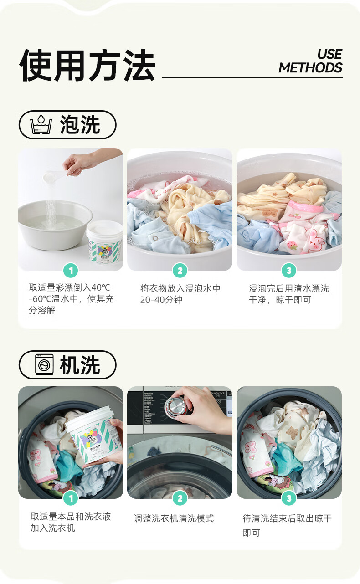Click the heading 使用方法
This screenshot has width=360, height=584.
tap(87, 66)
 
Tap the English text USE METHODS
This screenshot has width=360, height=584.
tap(310, 61)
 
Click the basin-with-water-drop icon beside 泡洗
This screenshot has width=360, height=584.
tap(41, 125)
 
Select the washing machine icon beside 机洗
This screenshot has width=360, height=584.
tap(44, 365)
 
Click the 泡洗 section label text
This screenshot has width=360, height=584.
tap(80, 125)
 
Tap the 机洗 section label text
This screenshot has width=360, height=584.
tap(80, 365)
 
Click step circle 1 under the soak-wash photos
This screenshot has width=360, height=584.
tap(71, 271)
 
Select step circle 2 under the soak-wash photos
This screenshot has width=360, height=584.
tap(180, 271)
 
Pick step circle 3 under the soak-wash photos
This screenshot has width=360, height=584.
tap(288, 271)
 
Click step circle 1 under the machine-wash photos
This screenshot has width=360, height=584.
tap(71, 498)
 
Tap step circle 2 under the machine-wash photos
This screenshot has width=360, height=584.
tap(180, 498)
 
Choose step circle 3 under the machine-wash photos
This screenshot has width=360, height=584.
tap(288, 498)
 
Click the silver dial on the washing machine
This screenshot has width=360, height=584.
tap(173, 406)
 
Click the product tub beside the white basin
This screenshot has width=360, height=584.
tap(105, 246)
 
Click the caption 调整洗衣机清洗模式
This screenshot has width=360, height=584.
tap(174, 518)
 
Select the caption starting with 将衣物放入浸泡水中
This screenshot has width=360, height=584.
tap(180, 294)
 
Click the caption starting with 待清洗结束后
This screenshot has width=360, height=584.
tap(287, 525)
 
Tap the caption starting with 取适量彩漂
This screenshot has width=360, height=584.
tap(71, 299)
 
